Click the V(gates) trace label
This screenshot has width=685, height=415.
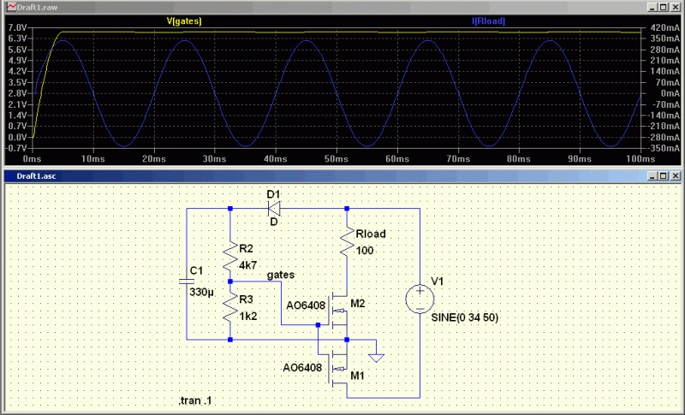coord(183,20)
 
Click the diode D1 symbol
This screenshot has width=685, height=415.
coord(274,208)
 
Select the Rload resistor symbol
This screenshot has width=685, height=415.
coord(347,242)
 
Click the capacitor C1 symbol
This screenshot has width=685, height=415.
coord(188,281)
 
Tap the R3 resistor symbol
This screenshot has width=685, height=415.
coord(230,306)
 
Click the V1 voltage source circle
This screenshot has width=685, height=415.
coord(420,299)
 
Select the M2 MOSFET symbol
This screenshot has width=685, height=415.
coord(341,315)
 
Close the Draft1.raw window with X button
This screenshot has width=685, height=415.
coord(674,5)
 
